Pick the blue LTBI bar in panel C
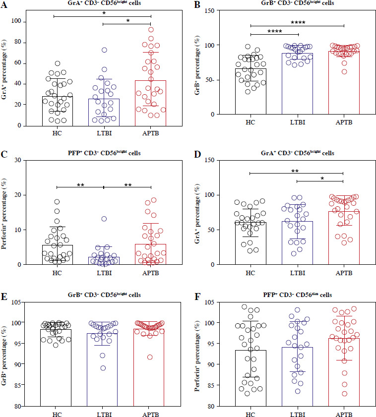pos(102,260)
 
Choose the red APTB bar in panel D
pos(344,238)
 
